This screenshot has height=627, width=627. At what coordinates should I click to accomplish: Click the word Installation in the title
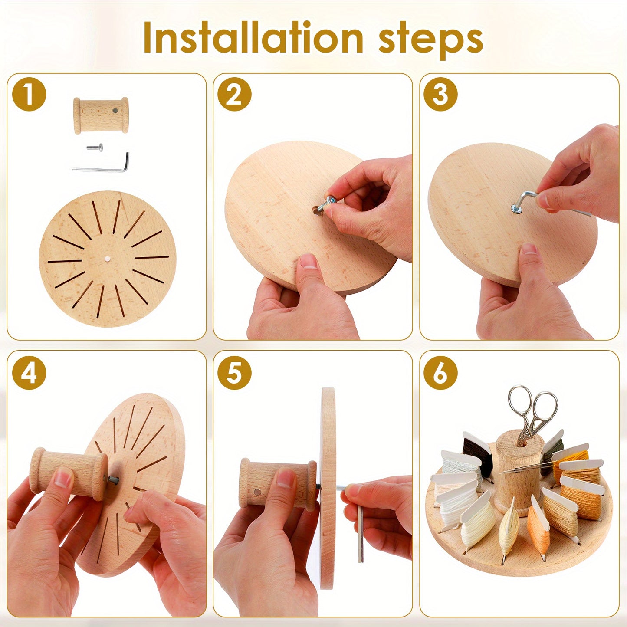point(253,38)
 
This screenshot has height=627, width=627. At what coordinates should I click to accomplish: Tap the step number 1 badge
point(29,94)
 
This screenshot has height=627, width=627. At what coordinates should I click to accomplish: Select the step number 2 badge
point(235,94)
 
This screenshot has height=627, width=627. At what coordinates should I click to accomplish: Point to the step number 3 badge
point(440,94)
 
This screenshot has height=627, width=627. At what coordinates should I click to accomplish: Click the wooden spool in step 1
point(101,115)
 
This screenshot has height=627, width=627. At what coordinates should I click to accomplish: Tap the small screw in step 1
point(95,148)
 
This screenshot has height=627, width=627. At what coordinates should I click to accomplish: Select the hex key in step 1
point(101,164)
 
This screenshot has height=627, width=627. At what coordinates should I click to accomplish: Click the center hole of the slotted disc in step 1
point(107,259)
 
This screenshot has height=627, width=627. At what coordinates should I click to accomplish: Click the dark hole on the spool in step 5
point(257,492)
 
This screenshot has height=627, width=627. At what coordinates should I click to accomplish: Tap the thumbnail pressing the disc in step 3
point(529,249)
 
